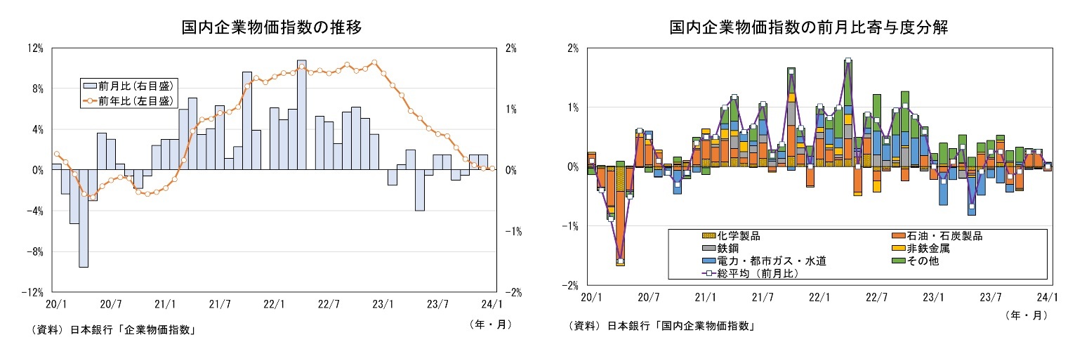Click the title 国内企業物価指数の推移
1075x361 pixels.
point(272,27)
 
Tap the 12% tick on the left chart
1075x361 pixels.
point(35,48)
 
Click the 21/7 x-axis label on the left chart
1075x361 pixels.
point(220,304)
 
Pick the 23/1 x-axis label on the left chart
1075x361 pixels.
point(383,304)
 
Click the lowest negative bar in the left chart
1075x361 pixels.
point(84,218)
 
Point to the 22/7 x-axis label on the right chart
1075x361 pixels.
point(874,297)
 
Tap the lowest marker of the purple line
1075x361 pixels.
point(620,261)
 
